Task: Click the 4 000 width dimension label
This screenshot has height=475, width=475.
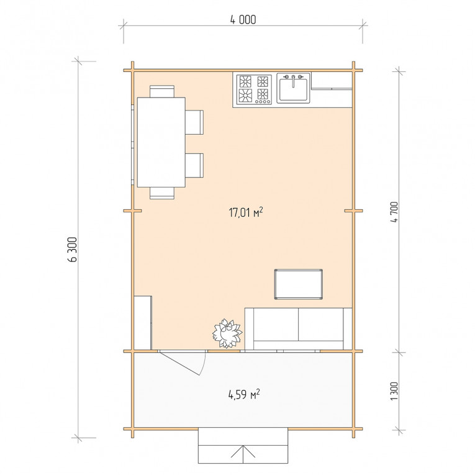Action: click(x=243, y=20)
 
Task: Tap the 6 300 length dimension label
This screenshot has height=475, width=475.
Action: click(x=73, y=250)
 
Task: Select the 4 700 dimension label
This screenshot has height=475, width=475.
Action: click(x=394, y=212)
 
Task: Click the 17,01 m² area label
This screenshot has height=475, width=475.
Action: click(x=246, y=212)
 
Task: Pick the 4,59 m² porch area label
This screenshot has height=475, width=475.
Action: click(x=244, y=394)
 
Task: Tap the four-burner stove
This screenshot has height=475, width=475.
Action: click(x=254, y=89)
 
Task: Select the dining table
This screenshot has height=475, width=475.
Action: click(x=161, y=142)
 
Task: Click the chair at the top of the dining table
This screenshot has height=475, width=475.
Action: click(x=162, y=91)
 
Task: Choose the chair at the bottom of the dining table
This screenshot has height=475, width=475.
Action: click(x=162, y=193)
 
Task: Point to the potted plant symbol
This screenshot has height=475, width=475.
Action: click(x=227, y=333)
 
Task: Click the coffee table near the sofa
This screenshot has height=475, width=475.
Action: click(x=299, y=284)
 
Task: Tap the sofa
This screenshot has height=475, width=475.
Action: click(x=299, y=328)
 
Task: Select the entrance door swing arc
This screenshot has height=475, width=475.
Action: click(x=204, y=363)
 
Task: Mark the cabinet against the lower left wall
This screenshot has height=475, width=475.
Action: click(x=143, y=323)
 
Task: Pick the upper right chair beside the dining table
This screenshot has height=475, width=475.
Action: click(x=194, y=122)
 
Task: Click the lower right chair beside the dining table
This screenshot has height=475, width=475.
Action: click(x=194, y=165)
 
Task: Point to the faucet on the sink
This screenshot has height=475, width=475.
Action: click(x=293, y=80)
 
